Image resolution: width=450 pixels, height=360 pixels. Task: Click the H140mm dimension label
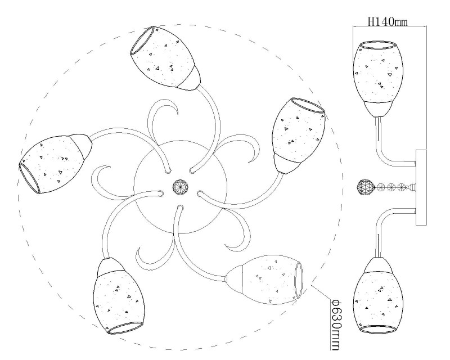(x=388, y=21)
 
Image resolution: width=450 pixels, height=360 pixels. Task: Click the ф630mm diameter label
(x=335, y=325)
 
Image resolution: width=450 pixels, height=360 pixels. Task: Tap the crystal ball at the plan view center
(x=180, y=187)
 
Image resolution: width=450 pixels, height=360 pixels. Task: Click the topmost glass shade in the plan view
(x=165, y=58)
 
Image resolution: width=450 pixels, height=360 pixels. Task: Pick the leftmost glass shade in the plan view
(x=55, y=164)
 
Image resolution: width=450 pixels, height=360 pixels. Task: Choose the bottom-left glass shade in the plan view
(x=118, y=296)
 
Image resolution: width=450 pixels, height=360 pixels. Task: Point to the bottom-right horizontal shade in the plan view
(x=264, y=280)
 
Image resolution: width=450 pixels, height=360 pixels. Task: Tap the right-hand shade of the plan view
(x=299, y=136)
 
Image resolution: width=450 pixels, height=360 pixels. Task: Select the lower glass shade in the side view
(x=378, y=296)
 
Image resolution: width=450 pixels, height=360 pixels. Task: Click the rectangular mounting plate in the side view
(x=421, y=187)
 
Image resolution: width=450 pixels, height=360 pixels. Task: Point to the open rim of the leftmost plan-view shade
(x=30, y=178)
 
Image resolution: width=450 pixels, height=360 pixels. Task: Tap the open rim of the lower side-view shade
(x=378, y=330)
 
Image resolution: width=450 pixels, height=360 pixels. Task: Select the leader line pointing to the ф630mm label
(x=321, y=293)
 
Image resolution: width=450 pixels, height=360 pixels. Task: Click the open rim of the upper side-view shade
(x=378, y=45)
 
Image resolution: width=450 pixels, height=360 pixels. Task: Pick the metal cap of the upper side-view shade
(x=378, y=109)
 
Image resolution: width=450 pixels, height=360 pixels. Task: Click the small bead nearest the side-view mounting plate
(x=400, y=188)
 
